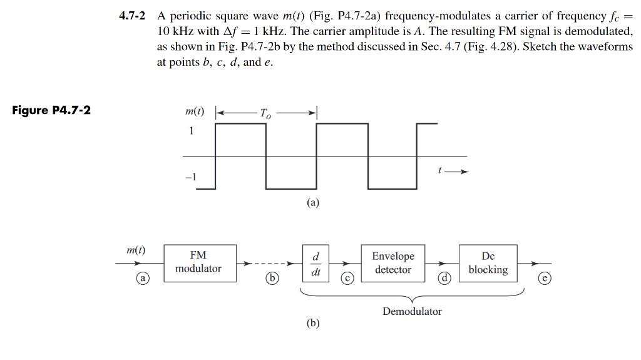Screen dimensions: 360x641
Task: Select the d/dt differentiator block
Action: [316, 264]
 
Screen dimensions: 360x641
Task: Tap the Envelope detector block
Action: [392, 262]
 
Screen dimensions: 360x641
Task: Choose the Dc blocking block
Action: [488, 262]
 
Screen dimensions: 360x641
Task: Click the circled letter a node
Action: [144, 277]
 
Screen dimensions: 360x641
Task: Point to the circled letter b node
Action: [272, 277]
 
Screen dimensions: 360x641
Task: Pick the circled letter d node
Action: [444, 277]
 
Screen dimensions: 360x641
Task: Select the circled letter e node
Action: [545, 277]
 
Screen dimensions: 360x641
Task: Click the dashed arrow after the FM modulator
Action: [269, 264]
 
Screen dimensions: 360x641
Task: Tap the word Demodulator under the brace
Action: [412, 311]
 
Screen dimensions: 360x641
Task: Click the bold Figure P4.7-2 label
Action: [51, 110]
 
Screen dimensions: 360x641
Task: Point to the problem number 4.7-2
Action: [133, 16]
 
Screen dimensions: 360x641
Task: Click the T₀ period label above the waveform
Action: [266, 113]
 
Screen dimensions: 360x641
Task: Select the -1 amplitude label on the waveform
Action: [191, 177]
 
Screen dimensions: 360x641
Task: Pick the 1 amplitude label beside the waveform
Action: [192, 131]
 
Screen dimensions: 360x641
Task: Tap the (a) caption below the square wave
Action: [313, 203]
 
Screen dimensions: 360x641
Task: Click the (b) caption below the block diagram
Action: [313, 323]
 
